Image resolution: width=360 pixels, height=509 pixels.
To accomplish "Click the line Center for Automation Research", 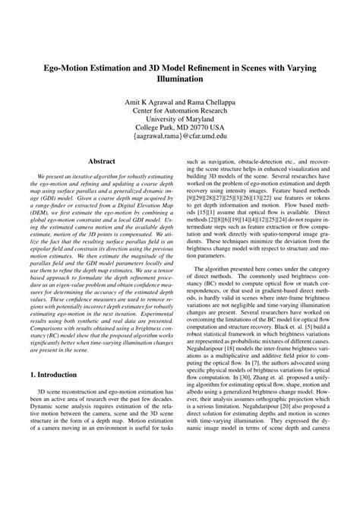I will [x=180, y=112].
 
